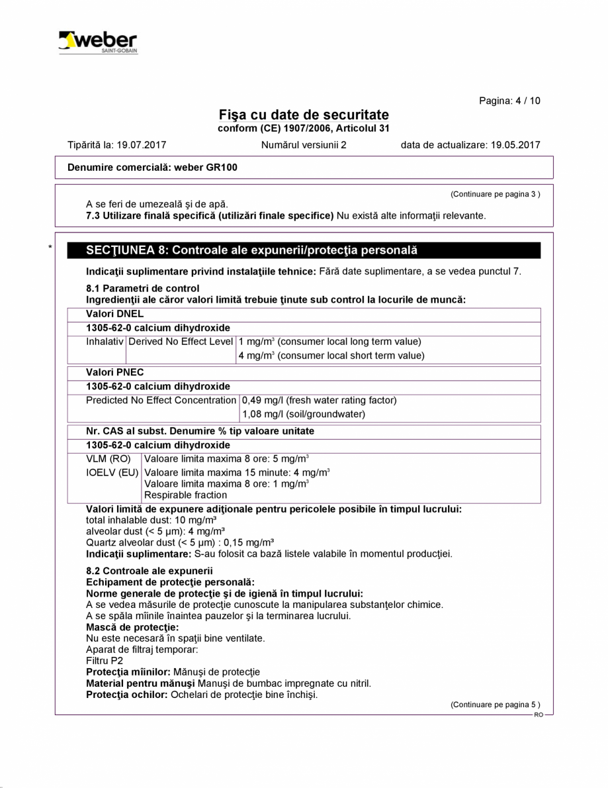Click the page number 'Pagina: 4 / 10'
tap(509, 101)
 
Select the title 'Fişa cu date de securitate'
tap(304, 115)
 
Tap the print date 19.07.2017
tap(144, 145)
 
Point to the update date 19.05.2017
tap(516, 145)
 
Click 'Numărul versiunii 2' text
tap(304, 145)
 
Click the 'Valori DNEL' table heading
tap(115, 314)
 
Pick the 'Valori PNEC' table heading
tap(115, 373)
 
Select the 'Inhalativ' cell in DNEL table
tap(105, 342)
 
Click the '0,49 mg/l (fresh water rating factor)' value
tap(319, 401)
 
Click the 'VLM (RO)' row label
tap(109, 459)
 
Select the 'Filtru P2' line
tap(105, 660)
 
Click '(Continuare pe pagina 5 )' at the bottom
tap(495, 705)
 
